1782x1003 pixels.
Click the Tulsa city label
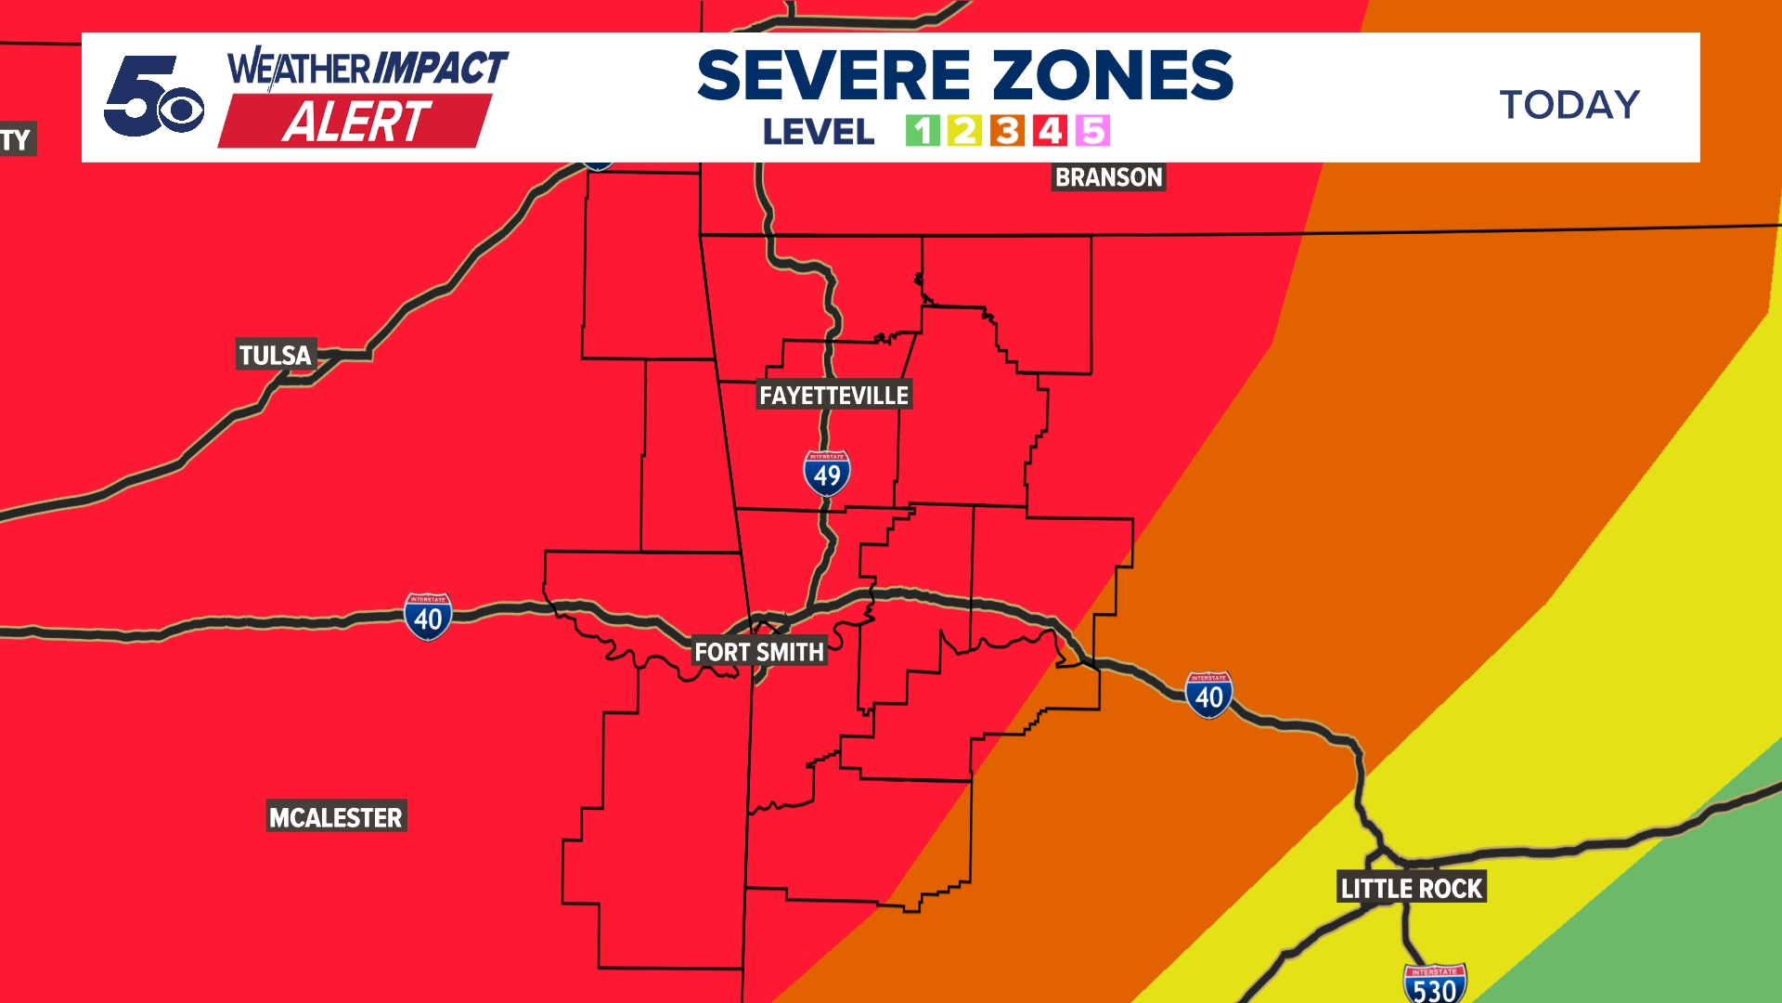coord(276,355)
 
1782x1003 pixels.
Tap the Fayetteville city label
coord(833,396)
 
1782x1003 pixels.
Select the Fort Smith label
coord(759,652)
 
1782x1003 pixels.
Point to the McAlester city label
coord(336,817)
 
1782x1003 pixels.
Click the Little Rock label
coord(1412,889)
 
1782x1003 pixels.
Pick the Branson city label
coord(1108,177)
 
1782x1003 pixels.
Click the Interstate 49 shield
coord(827,474)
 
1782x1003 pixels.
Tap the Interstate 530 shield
coord(1435,985)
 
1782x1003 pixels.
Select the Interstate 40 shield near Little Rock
coord(1208,695)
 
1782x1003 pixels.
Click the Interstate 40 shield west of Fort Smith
coord(428,617)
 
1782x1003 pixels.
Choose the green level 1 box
coord(923,131)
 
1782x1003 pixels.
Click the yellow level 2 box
coord(964,131)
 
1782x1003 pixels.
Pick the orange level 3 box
coord(1007,131)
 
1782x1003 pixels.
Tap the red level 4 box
coord(1050,131)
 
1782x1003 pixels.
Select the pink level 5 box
coord(1092,131)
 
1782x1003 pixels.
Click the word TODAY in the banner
coord(1569,104)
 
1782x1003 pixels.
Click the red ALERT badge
coord(355,122)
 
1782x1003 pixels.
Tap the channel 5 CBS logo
coord(153,97)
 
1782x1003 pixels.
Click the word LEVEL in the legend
coord(819,132)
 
